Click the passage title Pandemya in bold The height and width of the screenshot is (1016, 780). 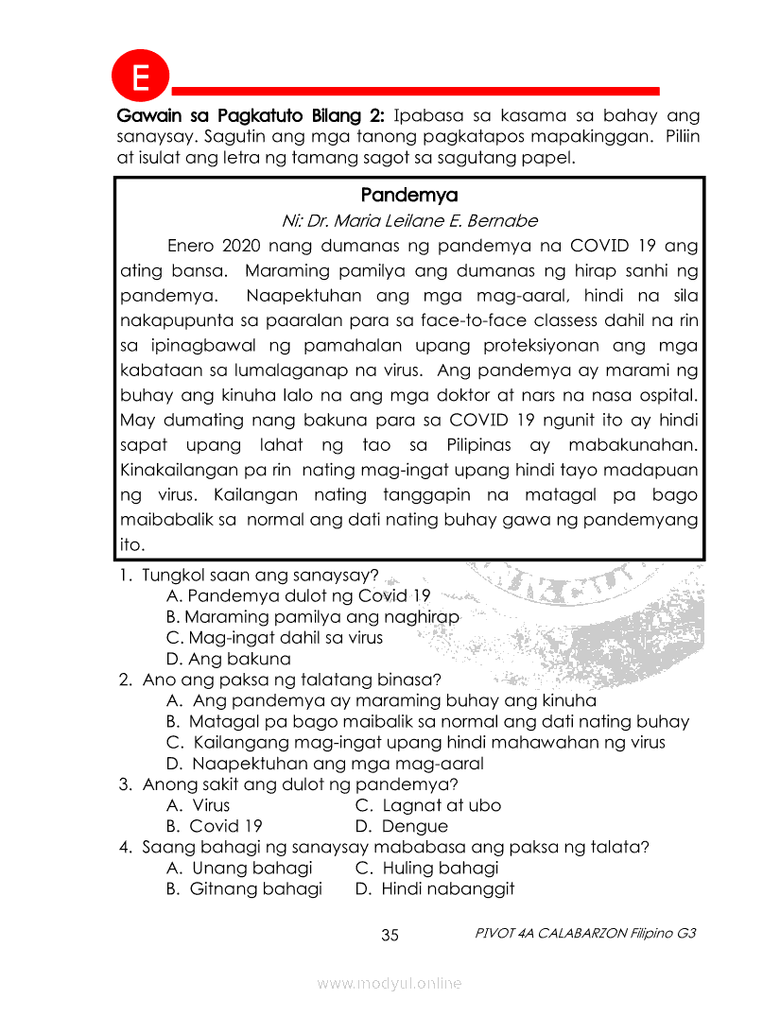tap(408, 196)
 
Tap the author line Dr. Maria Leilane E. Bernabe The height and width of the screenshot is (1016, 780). tap(409, 221)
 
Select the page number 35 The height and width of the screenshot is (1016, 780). tap(390, 936)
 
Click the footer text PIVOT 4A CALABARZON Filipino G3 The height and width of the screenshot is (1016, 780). tap(586, 933)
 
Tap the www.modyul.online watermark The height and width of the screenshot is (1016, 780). tap(390, 984)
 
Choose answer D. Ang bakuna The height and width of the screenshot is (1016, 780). tap(228, 659)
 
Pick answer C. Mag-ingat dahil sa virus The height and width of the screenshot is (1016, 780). tap(274, 638)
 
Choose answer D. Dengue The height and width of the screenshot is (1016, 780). tap(402, 826)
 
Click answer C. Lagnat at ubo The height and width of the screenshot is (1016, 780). tap(428, 805)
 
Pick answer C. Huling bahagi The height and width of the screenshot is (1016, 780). tap(426, 868)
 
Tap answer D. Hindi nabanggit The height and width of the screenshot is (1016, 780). tap(434, 888)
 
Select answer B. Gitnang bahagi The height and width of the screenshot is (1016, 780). tap(244, 888)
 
